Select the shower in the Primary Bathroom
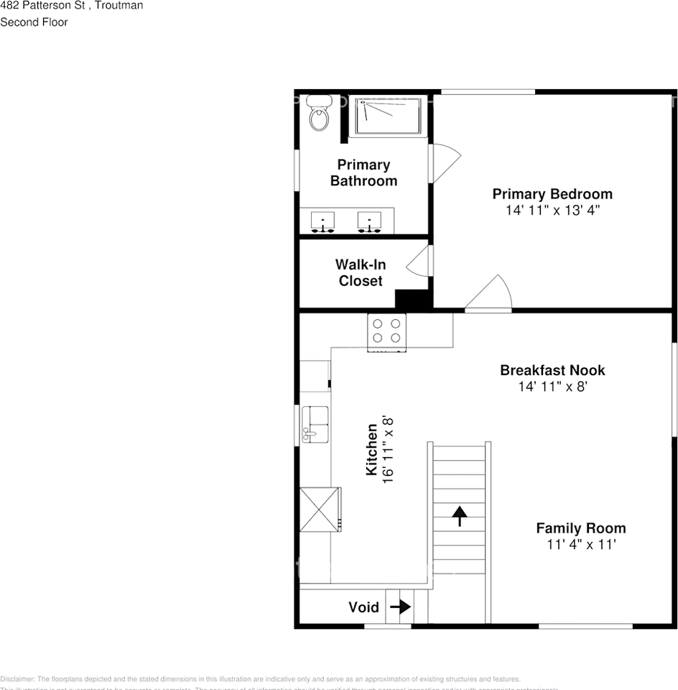388,116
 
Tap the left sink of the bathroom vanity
323,221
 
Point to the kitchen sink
315,423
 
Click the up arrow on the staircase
460,515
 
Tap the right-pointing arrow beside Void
401,607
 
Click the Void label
363,607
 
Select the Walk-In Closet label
361,272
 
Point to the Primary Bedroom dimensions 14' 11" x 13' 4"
552,211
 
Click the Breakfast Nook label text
552,370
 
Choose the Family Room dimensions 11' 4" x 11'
581,545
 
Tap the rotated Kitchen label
372,449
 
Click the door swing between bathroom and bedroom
444,162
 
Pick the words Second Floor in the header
34,22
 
